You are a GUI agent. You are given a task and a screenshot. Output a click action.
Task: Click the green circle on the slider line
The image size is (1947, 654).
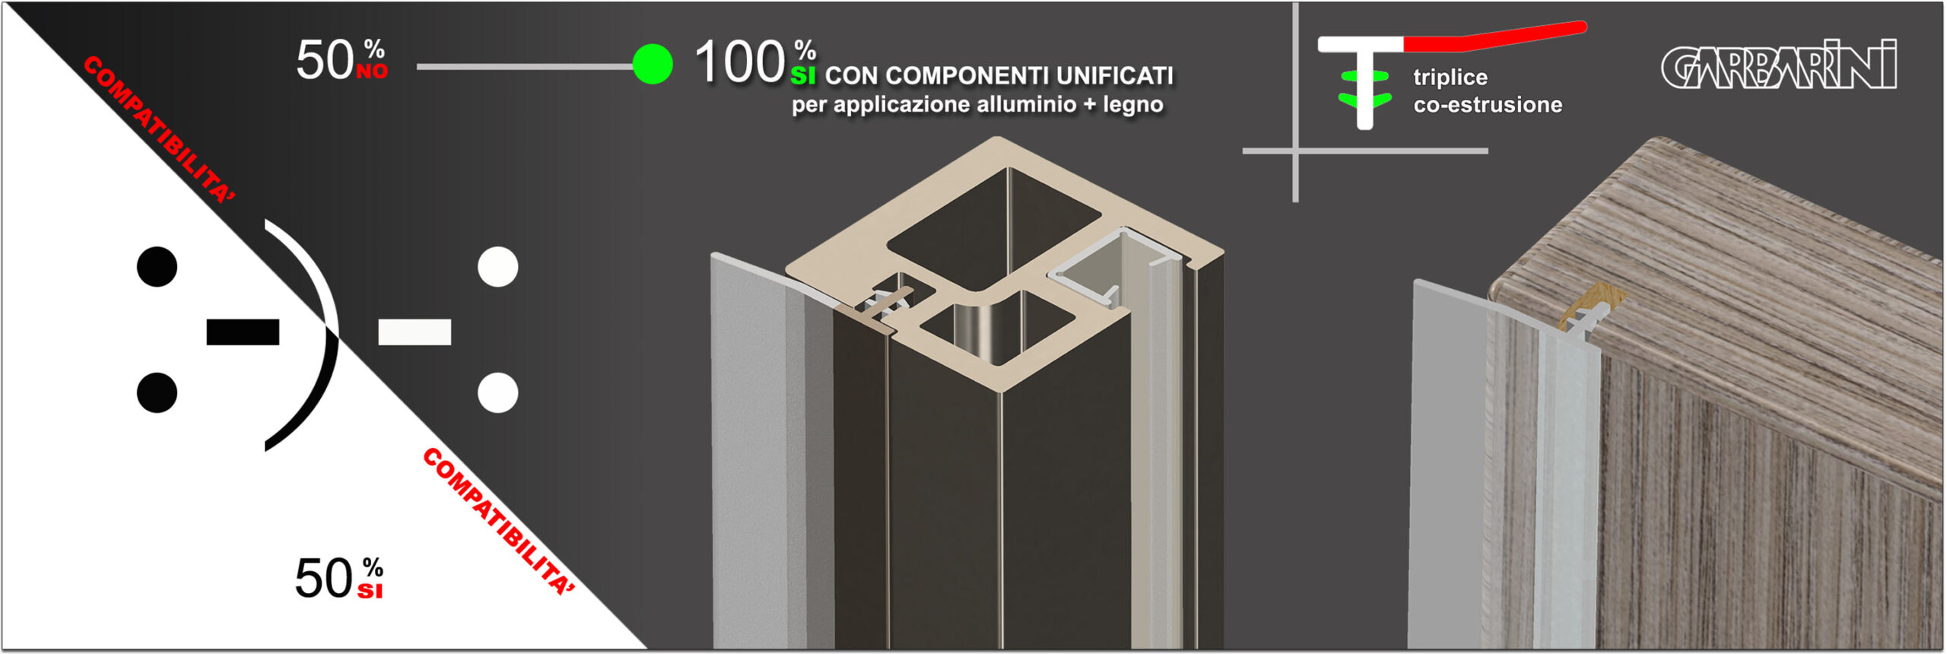pos(653,64)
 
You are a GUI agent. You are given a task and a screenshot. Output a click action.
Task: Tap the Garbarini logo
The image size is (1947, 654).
pos(1778,65)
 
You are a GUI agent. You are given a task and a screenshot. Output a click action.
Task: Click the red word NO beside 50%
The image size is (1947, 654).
pos(372,71)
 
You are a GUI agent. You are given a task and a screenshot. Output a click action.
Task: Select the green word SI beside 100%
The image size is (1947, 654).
pos(803,75)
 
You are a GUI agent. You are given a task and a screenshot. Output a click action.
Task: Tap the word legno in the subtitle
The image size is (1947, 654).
pos(1133,105)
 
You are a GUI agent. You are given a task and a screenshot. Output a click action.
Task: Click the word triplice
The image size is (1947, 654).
pos(1450,78)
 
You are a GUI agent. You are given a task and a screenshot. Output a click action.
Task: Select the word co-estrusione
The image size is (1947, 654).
pos(1488,105)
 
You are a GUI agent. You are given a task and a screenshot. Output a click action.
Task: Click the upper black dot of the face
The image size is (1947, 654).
pos(157,267)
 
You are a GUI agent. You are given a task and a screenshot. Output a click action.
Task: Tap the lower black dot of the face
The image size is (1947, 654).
pos(157,392)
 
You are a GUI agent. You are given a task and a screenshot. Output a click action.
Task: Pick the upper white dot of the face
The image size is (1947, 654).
pos(498,267)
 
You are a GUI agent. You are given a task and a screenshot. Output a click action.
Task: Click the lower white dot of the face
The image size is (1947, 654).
pos(498,392)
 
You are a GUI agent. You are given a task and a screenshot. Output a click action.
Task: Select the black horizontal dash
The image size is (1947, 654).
pos(243,332)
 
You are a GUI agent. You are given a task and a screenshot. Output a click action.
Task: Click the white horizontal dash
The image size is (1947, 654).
pos(414,332)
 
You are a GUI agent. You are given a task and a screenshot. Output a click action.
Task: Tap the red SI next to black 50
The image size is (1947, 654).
pos(370,591)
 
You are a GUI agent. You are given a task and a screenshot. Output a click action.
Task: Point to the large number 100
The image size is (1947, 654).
pos(740,62)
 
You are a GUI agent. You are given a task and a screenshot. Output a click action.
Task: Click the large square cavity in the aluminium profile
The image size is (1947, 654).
pos(993,228)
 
